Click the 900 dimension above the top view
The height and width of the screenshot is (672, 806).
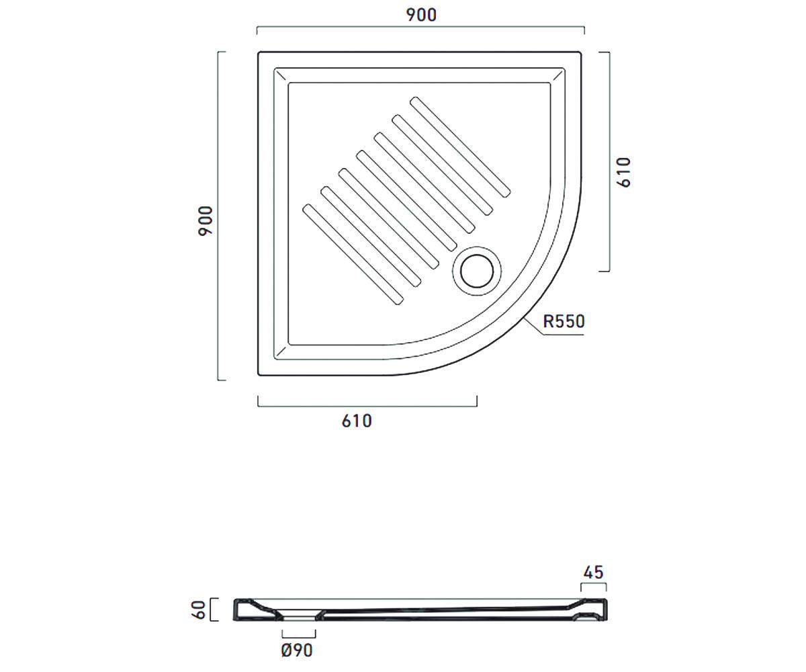coord(421,15)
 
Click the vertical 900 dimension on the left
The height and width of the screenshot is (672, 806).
coord(206,221)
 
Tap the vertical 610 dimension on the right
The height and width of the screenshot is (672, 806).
coord(624,172)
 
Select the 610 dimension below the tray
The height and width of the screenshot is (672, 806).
coord(357,421)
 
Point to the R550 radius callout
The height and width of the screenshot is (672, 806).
coord(564,321)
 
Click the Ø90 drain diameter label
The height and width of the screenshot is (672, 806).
coord(297,650)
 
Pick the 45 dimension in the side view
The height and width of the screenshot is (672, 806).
coord(593,573)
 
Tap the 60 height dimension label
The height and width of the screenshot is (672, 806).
coord(199,610)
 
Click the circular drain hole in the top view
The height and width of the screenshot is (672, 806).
coord(477,271)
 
